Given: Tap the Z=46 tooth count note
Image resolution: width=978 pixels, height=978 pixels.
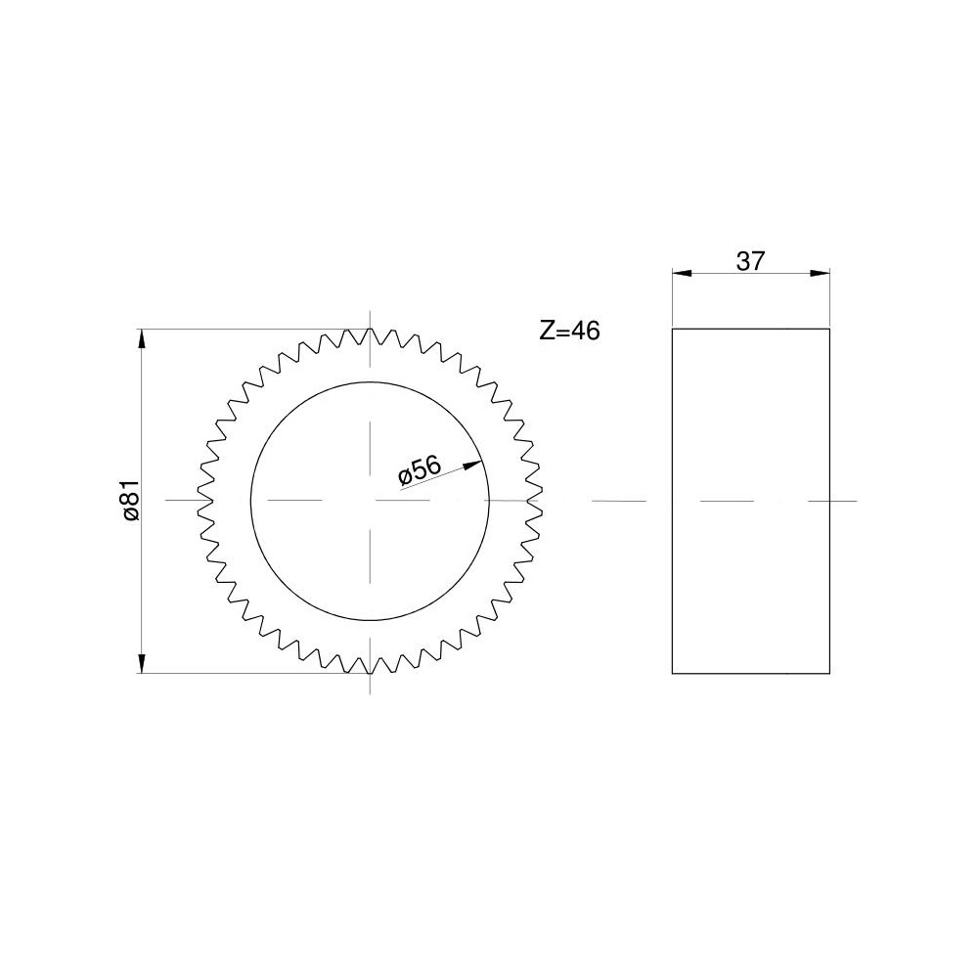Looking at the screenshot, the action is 569,331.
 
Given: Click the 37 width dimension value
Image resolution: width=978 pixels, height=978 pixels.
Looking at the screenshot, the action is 750,261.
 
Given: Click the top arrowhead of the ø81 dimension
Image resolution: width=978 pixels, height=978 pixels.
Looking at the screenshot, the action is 142,339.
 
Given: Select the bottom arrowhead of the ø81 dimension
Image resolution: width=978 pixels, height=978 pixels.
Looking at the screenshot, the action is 142,663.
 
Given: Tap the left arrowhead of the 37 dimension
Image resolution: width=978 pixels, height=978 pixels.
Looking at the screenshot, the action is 683,273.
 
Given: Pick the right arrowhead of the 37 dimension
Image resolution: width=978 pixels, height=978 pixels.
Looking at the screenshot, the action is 820,273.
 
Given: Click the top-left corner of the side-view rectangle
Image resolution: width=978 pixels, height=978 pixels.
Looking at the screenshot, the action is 673,329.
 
